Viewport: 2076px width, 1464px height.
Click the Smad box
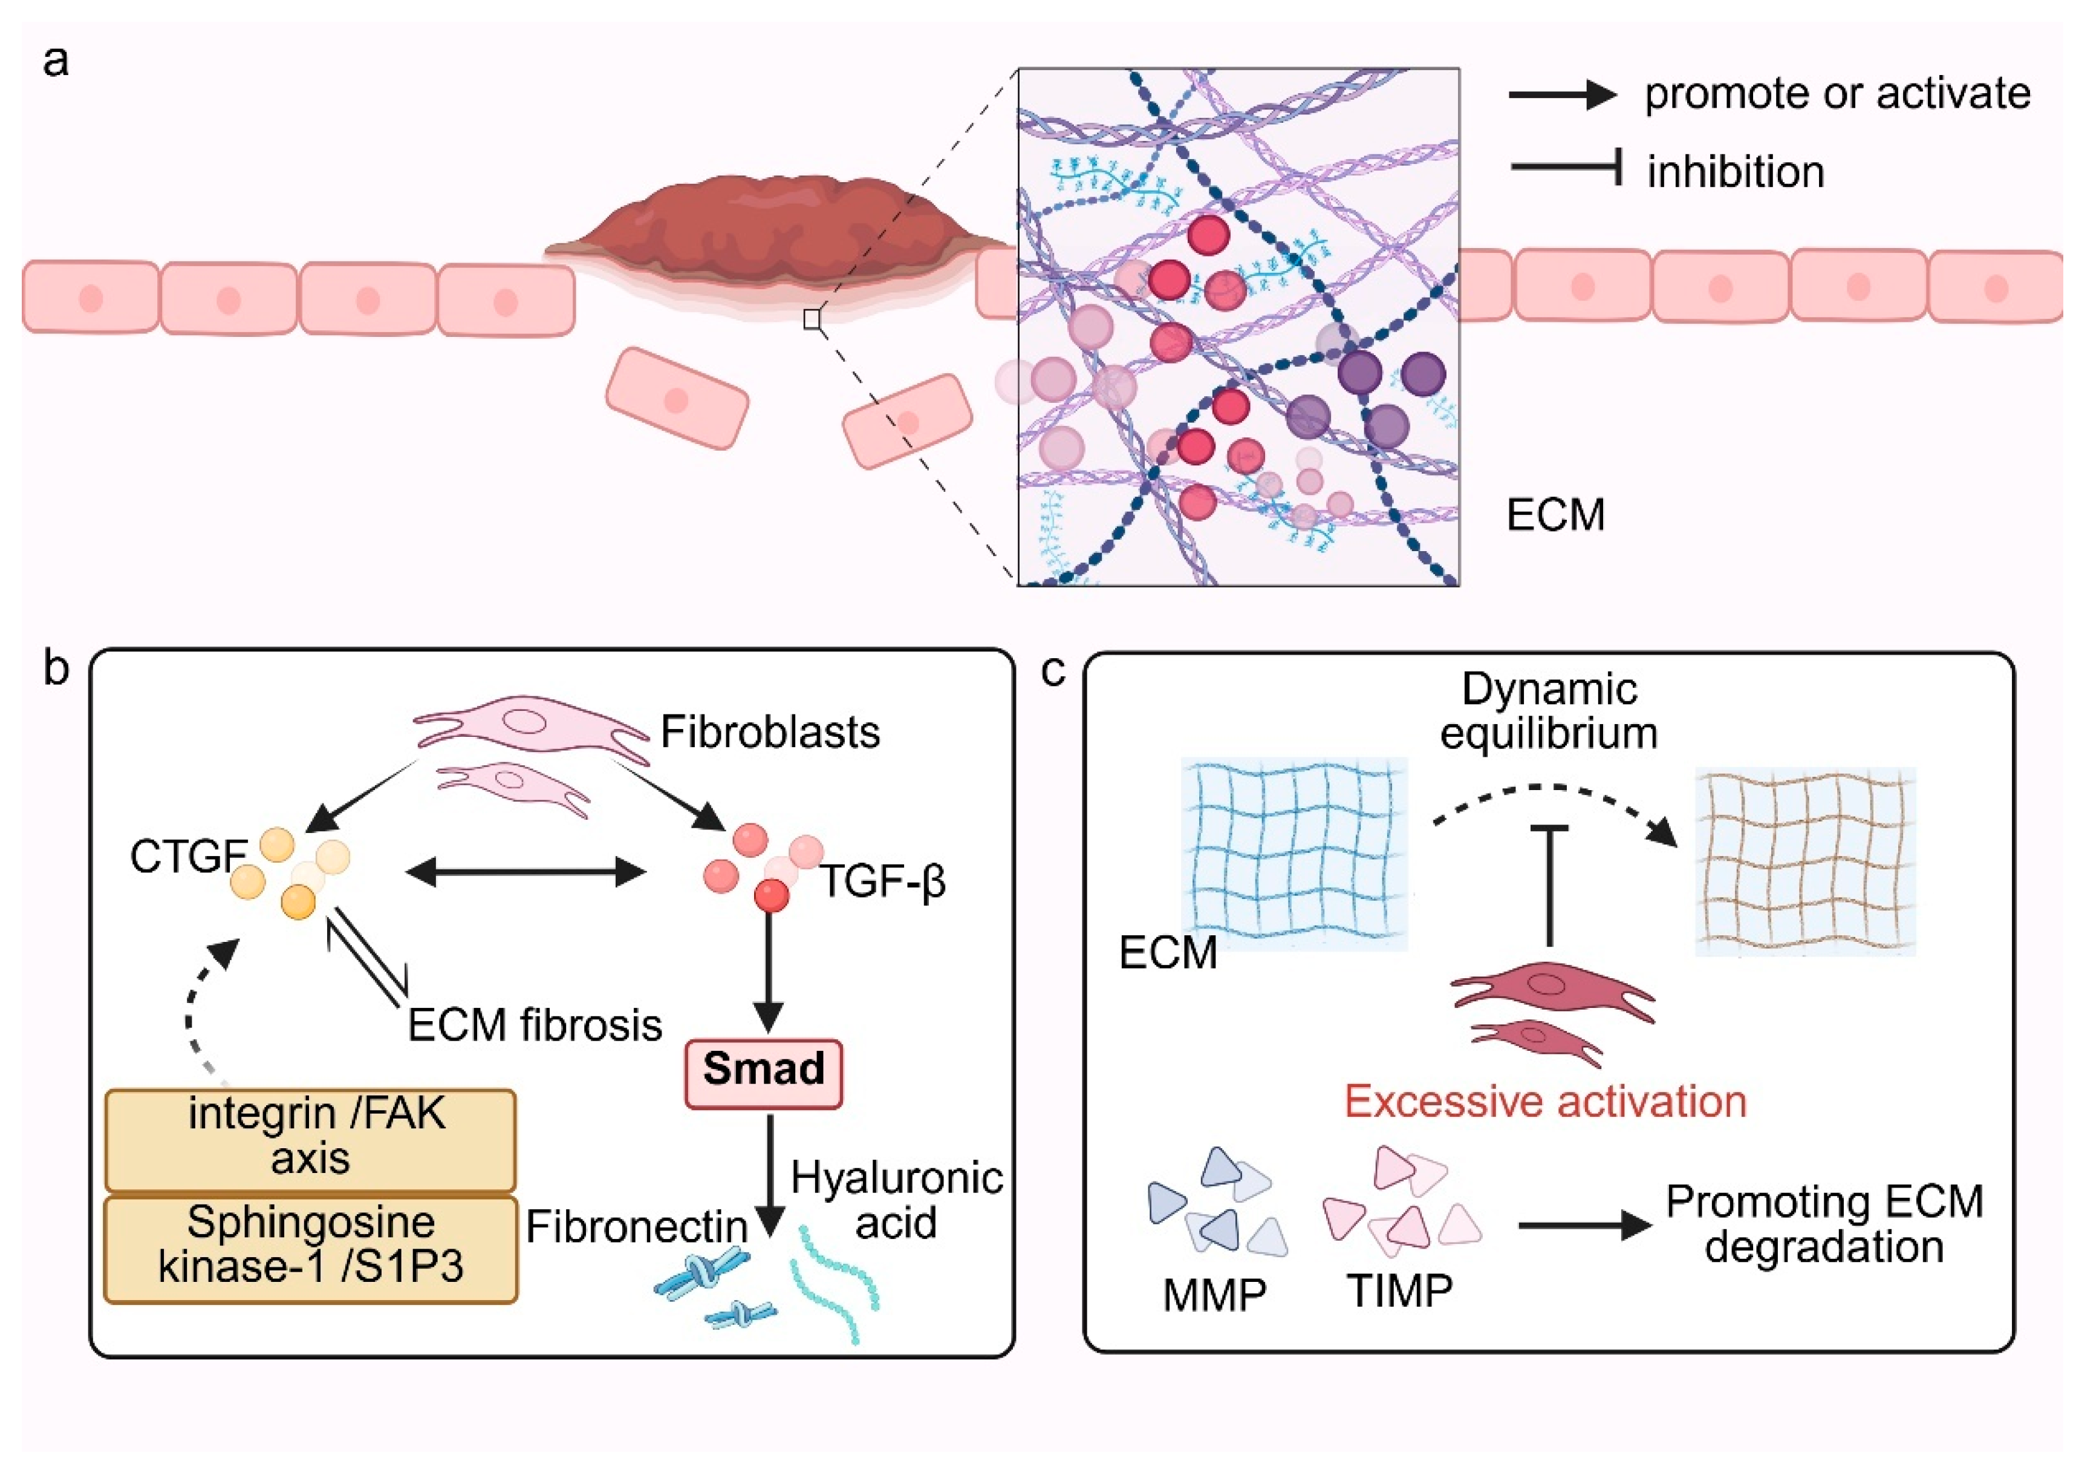pos(763,1073)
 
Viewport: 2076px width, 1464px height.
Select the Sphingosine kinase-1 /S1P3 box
pos(310,1249)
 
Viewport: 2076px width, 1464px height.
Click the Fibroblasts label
pos(769,731)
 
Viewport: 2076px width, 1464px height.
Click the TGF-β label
pos(882,880)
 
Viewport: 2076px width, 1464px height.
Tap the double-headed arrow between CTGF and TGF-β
pos(526,872)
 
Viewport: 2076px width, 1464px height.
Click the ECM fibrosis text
pos(535,1025)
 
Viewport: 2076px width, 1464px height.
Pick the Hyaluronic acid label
pos(896,1200)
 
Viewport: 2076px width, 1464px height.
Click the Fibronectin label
pos(637,1227)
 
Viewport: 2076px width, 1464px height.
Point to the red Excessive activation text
pos(1544,1102)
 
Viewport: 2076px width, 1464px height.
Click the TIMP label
pos(1400,1292)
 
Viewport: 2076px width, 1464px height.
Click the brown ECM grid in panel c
pos(1804,861)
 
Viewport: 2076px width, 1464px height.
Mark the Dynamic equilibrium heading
pos(1549,711)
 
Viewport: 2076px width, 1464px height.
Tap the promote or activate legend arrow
pos(1561,94)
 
